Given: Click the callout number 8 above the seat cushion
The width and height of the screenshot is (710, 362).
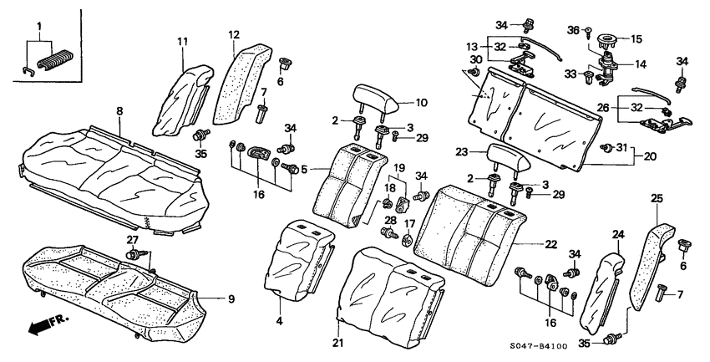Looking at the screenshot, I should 119,110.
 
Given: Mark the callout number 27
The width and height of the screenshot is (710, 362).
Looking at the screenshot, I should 131,241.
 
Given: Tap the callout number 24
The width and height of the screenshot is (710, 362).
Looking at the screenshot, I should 617,235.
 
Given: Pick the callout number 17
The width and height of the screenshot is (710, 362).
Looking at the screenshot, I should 408,223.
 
